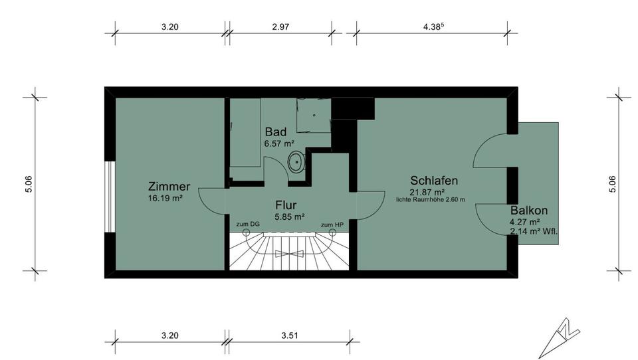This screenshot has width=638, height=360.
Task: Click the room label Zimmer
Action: (169, 187)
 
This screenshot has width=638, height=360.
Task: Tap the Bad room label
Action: (275, 132)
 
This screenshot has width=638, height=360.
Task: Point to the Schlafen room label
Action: (434, 180)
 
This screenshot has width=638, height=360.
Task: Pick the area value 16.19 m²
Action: (166, 197)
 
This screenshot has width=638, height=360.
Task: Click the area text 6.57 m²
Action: (279, 143)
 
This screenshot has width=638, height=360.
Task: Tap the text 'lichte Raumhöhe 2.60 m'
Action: (430, 199)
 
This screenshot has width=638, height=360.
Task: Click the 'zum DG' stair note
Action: (248, 225)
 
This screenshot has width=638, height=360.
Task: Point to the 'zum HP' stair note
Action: (332, 225)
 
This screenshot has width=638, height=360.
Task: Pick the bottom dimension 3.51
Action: (288, 335)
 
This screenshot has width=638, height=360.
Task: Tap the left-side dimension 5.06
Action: (28, 184)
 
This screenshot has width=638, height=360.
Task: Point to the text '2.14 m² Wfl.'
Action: (533, 232)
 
